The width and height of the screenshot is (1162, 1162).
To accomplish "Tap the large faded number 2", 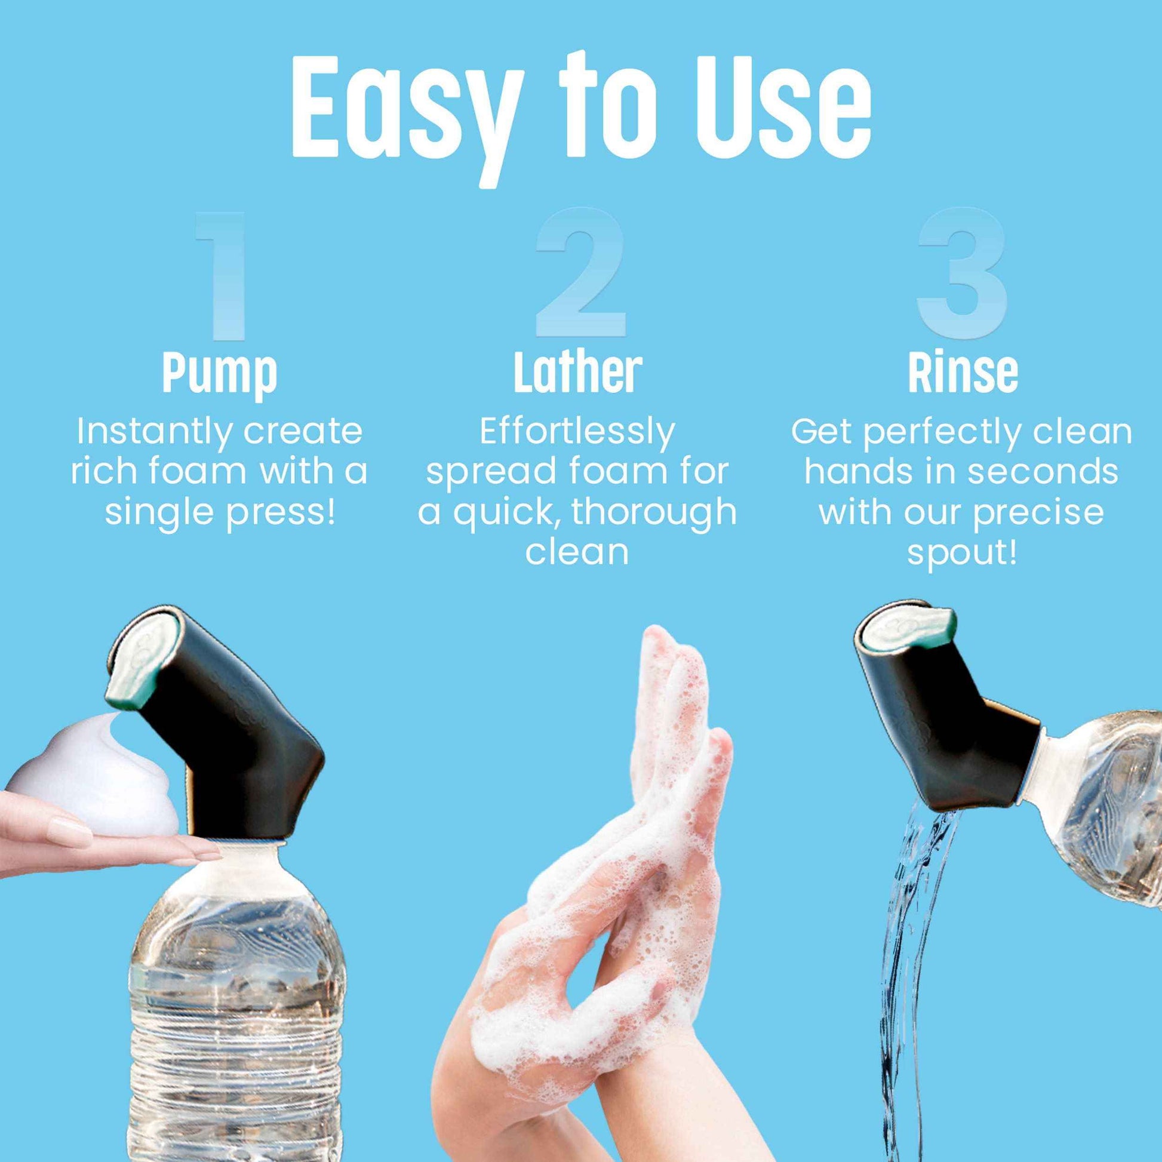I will (x=580, y=273).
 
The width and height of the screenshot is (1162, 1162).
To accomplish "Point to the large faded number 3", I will (x=962, y=273).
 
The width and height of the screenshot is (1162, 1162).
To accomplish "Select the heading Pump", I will (x=220, y=373).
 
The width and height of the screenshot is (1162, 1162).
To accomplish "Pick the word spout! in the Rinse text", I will (x=962, y=552).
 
